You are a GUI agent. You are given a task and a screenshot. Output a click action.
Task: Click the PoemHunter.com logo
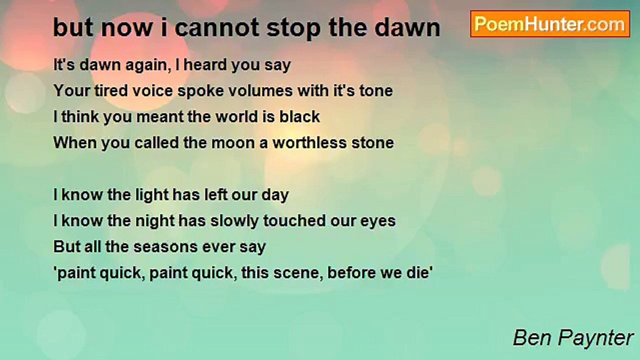tap(550, 23)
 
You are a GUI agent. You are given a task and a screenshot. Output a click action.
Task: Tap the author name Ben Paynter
tap(573, 338)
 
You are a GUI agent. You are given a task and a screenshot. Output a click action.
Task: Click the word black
tap(299, 117)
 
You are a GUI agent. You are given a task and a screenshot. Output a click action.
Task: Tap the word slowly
tap(234, 221)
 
